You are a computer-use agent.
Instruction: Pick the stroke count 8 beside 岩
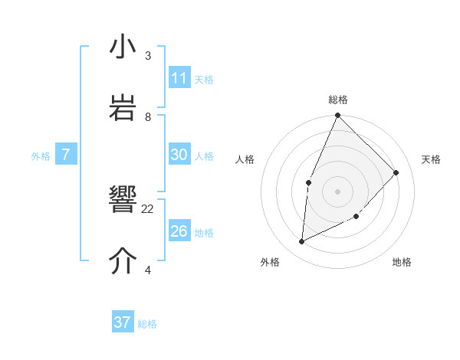coord(148,116)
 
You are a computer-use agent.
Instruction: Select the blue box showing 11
coord(179,78)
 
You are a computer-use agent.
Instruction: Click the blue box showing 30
coord(179,155)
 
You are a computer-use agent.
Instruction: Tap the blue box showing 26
coord(179,231)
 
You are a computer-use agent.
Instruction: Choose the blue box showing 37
coord(123,322)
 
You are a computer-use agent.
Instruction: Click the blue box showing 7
coord(66,155)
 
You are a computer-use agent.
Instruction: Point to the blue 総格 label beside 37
coord(147,324)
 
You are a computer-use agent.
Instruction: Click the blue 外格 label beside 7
coord(41,156)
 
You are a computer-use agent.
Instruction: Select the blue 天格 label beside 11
coord(204,79)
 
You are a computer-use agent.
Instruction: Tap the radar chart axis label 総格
coord(338,100)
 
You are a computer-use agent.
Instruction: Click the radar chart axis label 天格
coord(431,159)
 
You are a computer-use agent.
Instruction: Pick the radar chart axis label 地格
coord(402,262)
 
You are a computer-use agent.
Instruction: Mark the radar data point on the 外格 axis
coord(302,241)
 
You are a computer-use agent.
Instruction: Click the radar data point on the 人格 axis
coord(308,182)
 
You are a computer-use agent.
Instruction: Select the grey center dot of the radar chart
coord(337,191)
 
